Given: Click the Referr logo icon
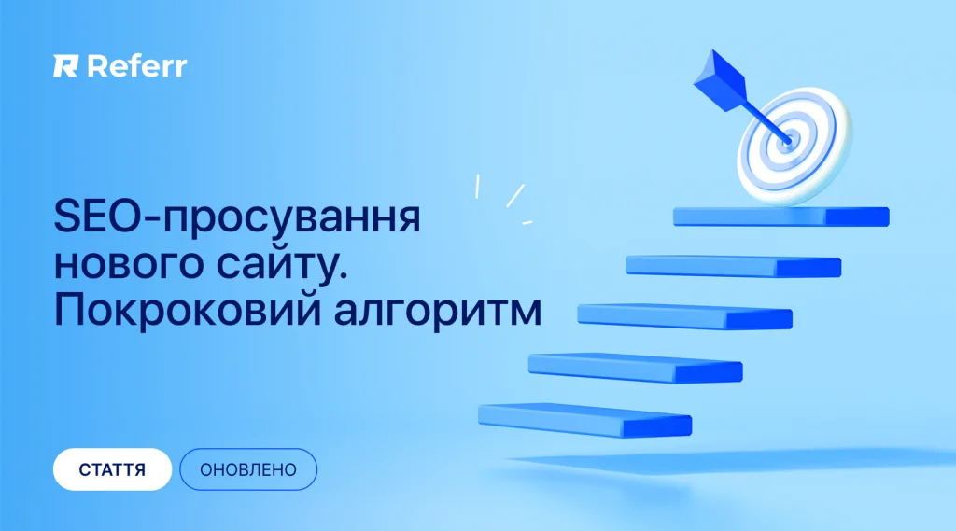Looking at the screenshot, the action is [x=65, y=66].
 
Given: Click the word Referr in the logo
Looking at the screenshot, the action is [x=137, y=66].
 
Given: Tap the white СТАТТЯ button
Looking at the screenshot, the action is [x=112, y=469].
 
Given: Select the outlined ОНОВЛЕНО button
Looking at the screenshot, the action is [x=248, y=469].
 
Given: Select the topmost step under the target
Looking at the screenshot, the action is [x=781, y=217].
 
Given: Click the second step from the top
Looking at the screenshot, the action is [x=734, y=266].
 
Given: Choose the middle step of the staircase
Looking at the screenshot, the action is [x=684, y=317].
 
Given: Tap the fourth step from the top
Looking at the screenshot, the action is [x=635, y=369].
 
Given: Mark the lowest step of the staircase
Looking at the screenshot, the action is [x=584, y=421].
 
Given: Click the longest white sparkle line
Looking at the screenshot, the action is [x=515, y=196].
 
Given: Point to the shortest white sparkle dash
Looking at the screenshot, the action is [x=527, y=222].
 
